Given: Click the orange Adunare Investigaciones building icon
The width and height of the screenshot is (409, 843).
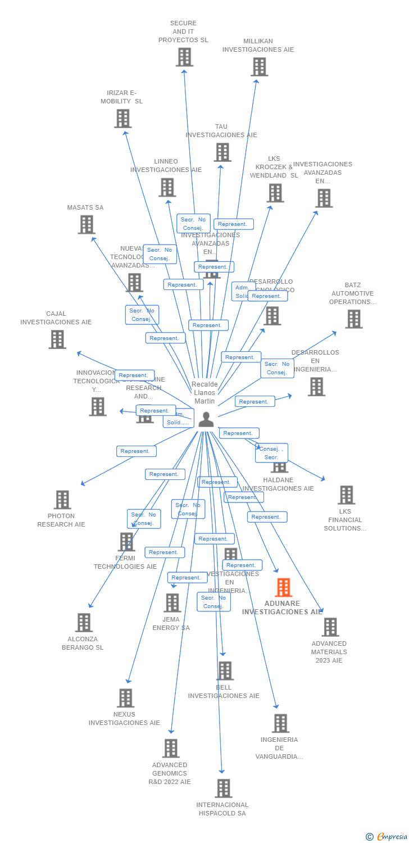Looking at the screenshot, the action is [x=283, y=587].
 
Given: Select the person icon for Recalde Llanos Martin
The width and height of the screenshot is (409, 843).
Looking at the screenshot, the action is [x=206, y=419].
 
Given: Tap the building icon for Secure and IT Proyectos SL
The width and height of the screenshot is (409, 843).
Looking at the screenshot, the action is [x=184, y=57].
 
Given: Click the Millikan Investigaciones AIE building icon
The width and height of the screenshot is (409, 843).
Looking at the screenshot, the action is [x=259, y=67].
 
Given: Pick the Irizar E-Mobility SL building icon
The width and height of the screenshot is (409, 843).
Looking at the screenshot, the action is [x=123, y=119].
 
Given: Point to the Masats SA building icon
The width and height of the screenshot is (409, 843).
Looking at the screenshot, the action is [x=87, y=225].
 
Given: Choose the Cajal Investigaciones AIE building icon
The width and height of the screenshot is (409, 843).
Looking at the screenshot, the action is [x=57, y=339].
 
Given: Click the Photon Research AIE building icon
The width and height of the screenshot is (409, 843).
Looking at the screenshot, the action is [x=62, y=500].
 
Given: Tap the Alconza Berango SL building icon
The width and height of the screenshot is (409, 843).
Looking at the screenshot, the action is [x=84, y=623].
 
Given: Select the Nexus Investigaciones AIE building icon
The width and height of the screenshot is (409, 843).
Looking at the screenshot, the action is [x=125, y=698].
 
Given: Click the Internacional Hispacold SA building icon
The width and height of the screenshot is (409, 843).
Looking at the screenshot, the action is [x=223, y=788].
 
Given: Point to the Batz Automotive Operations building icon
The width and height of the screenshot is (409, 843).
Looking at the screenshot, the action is [x=353, y=319].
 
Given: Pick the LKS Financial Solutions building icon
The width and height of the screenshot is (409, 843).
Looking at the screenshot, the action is [x=346, y=495].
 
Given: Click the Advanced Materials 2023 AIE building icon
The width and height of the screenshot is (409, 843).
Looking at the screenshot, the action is [x=330, y=627].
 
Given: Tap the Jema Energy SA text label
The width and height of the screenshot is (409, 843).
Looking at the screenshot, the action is [x=171, y=623].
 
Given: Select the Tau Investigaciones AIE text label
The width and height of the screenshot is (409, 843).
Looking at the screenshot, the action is [x=221, y=131].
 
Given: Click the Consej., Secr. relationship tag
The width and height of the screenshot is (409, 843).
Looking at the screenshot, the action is [x=271, y=453].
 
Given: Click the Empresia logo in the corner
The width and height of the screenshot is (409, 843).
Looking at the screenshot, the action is [x=387, y=837].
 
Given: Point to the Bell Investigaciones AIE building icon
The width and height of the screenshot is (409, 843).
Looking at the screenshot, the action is [x=225, y=670].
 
